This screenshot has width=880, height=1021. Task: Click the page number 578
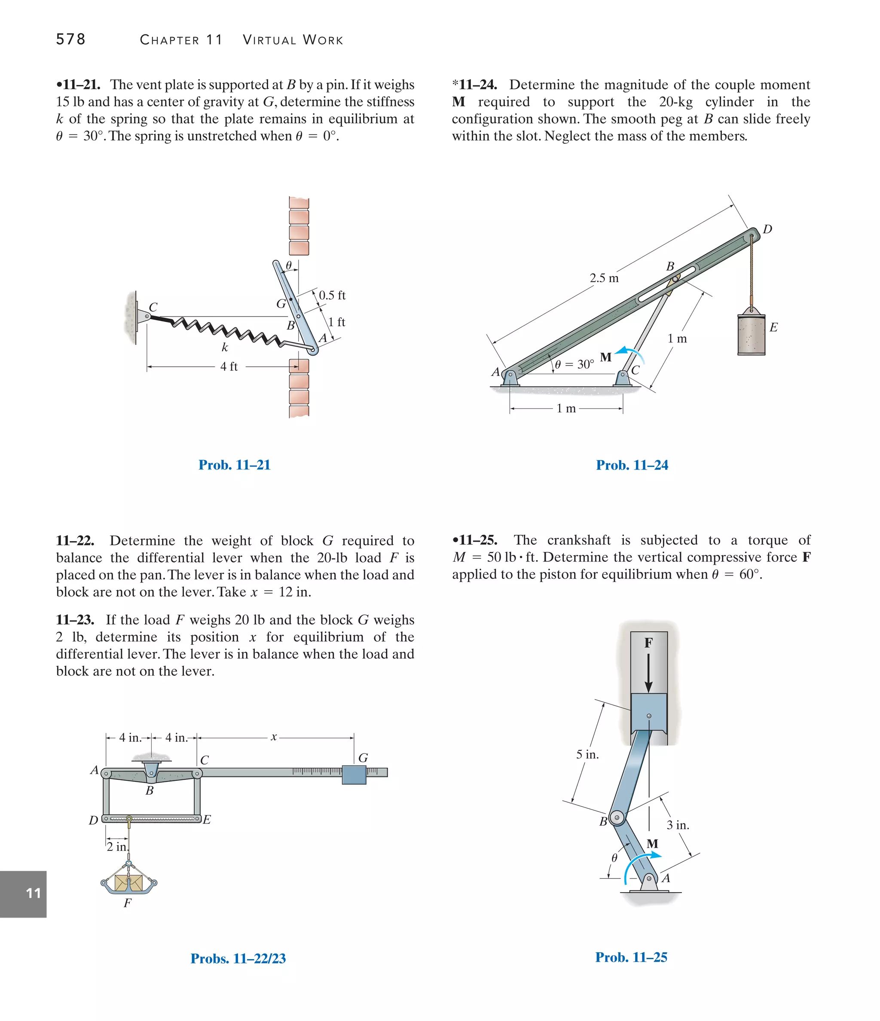(70, 39)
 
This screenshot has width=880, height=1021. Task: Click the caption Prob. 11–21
(234, 465)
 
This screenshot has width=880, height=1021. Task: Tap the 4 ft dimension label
(229, 367)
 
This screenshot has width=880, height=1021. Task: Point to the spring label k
(224, 347)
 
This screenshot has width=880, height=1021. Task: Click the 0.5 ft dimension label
(332, 295)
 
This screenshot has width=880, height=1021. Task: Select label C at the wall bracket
(153, 307)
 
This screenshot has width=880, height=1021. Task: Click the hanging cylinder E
(751, 334)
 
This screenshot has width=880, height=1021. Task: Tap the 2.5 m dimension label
(604, 278)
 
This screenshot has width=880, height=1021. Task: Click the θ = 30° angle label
(574, 364)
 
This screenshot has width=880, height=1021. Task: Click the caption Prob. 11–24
(632, 465)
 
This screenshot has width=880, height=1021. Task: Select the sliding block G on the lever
(354, 774)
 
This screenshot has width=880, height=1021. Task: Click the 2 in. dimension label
(117, 847)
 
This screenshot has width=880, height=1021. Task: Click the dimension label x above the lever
(274, 737)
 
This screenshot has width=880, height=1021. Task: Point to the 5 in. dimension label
(587, 754)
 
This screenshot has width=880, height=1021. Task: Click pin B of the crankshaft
(617, 817)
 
